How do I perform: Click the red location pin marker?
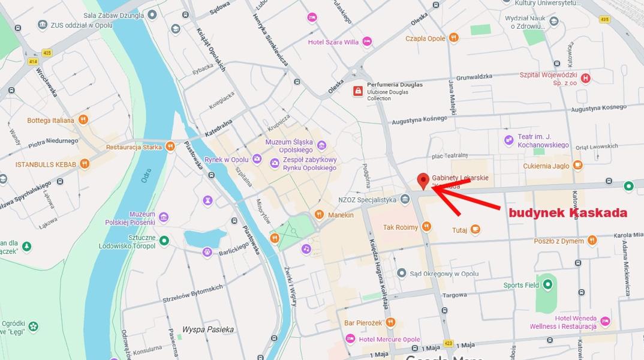tap(423, 181)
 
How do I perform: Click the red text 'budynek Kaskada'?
tap(568, 213)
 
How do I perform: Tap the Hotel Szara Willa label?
tap(333, 42)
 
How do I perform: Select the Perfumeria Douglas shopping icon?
tap(358, 91)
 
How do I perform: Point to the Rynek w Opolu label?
tap(226, 160)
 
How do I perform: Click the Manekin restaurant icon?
tap(320, 215)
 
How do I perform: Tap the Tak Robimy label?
tap(401, 227)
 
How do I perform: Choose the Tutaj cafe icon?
tap(476, 229)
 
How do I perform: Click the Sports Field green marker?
tap(547, 285)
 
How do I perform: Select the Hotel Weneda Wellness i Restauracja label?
tap(563, 322)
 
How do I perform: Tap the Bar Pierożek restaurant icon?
tap(390, 322)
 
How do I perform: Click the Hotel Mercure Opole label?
tap(389, 340)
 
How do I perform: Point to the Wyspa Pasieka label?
tap(208, 329)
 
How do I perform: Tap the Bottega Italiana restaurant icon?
tap(83, 120)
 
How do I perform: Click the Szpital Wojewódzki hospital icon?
tap(586, 78)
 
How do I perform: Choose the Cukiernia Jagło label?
tap(546, 165)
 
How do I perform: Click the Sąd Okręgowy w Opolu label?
tap(444, 274)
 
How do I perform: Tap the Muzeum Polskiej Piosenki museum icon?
tap(164, 217)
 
